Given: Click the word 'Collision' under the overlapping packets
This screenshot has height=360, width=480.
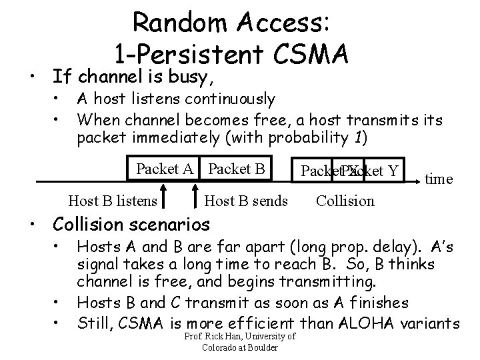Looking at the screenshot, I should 345,200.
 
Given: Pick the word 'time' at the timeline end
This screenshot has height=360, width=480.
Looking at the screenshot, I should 439,179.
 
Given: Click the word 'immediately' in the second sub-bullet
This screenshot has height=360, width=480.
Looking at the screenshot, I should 151,139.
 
